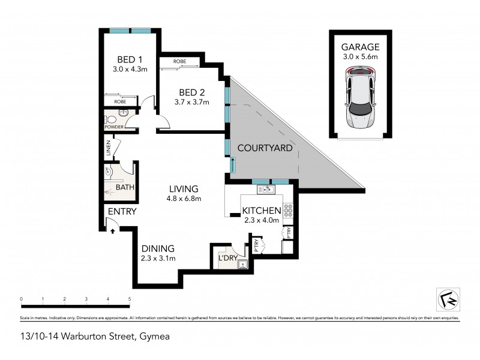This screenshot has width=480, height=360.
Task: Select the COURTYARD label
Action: tap(265, 148)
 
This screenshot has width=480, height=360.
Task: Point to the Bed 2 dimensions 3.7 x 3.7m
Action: tap(193, 101)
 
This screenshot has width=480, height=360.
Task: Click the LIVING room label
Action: tap(184, 189)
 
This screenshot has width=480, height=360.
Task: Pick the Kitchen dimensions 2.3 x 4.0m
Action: tap(262, 220)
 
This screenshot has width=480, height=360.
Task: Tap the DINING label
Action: tap(158, 248)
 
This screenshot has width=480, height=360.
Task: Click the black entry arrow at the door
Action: tap(112, 230)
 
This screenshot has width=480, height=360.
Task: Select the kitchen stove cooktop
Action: tap(287, 211)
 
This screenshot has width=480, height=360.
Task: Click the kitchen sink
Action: tap(265, 190)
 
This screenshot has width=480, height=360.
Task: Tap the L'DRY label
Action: tap(229, 258)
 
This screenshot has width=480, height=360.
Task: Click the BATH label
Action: tap(125, 188)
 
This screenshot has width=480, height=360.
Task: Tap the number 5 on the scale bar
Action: tap(130, 299)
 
